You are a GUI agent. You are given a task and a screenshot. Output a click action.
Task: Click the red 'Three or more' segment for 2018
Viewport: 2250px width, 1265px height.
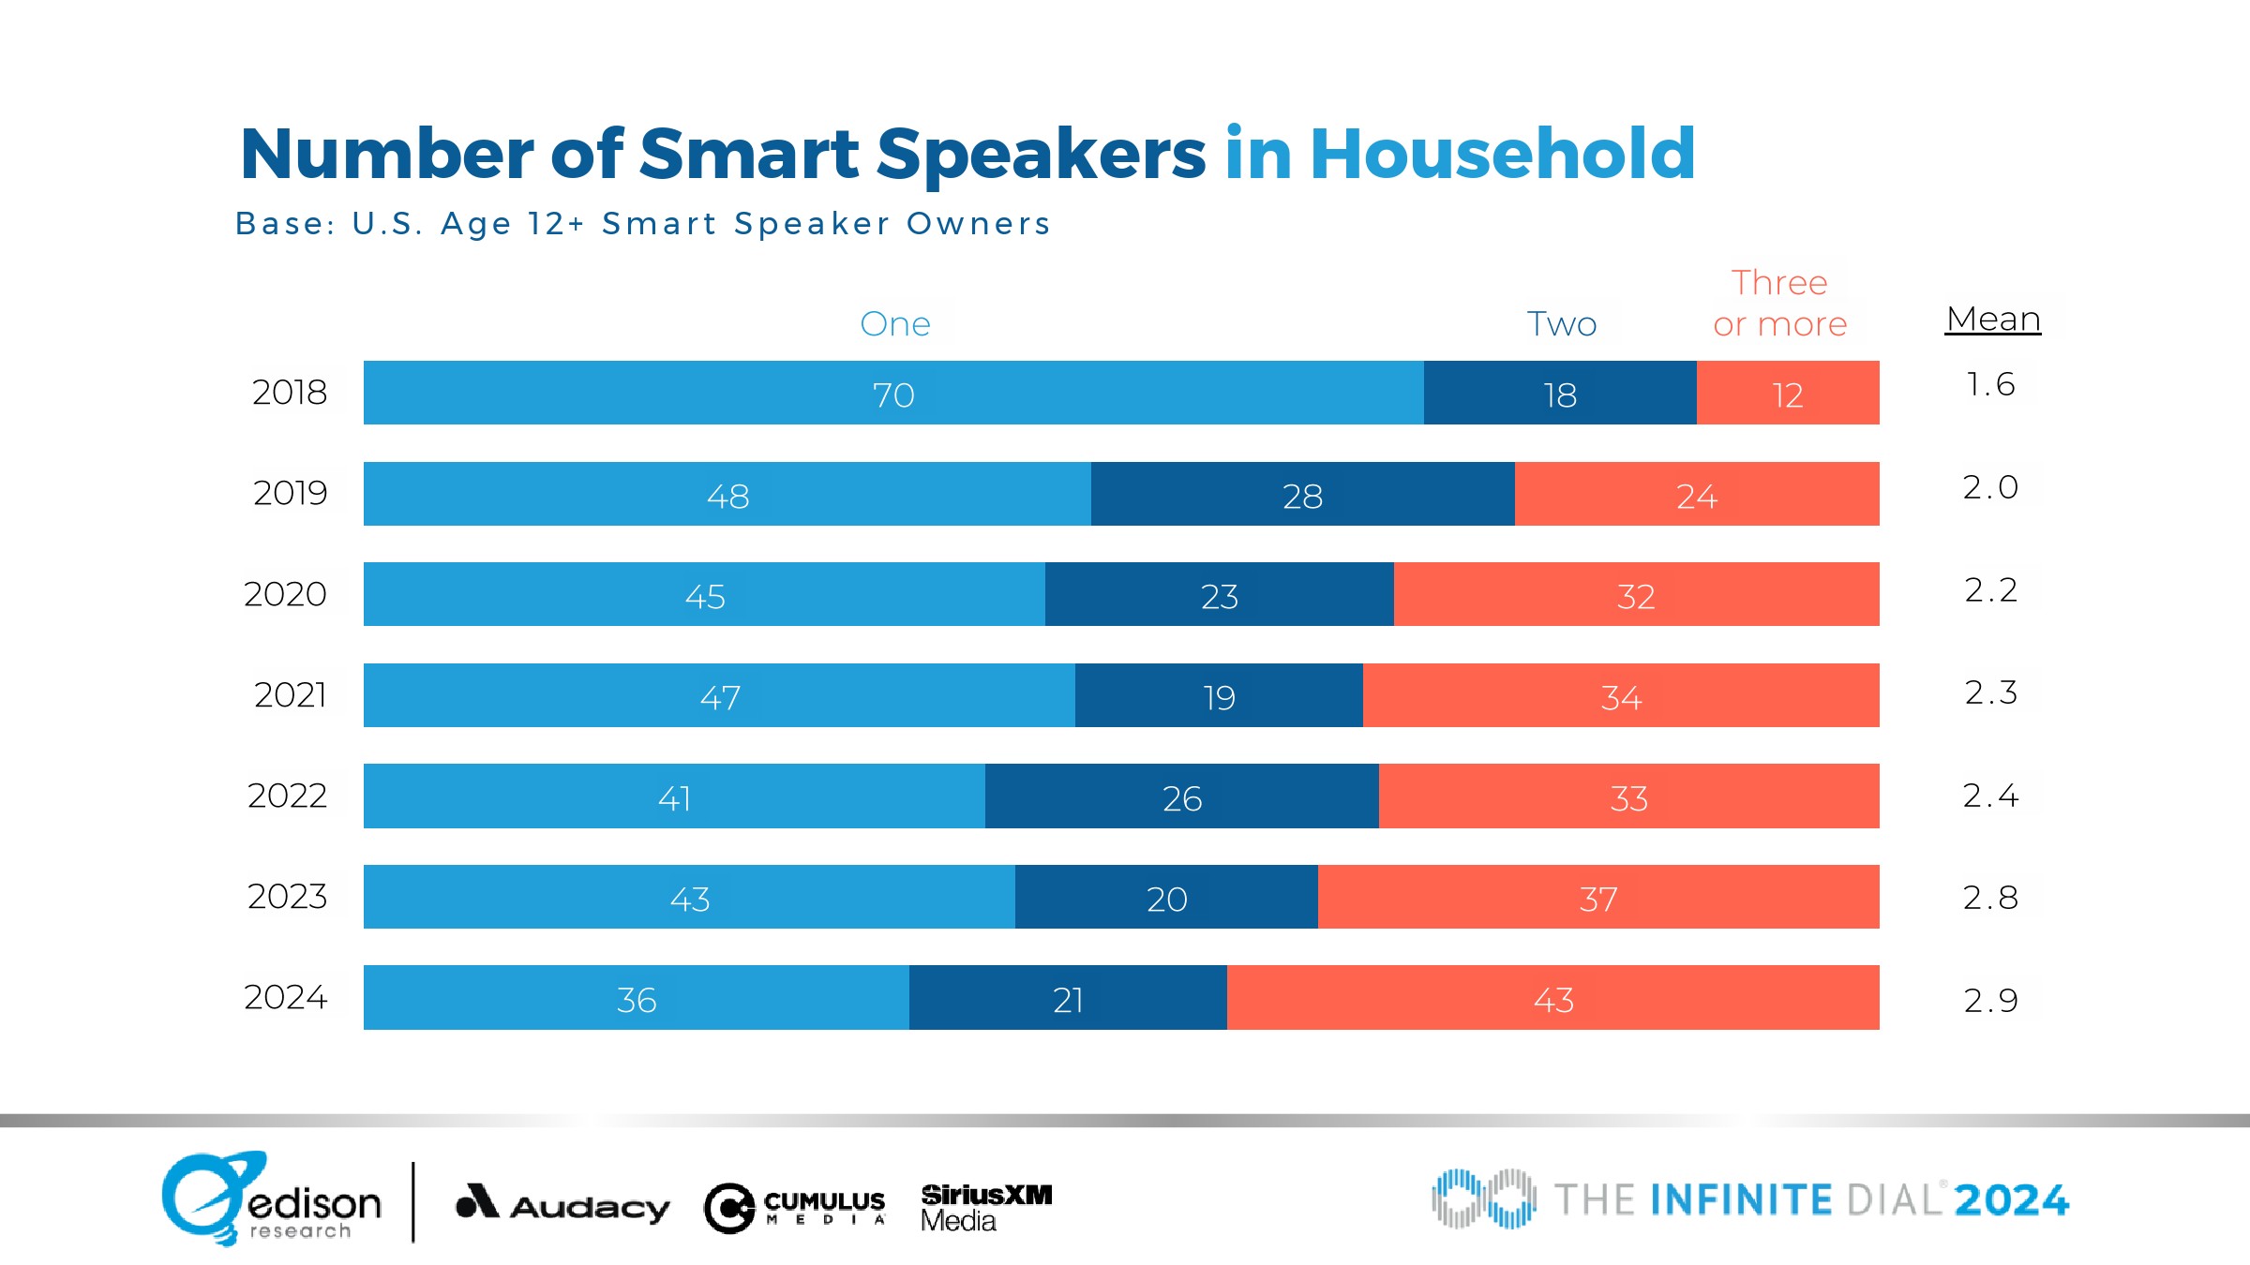tap(1787, 393)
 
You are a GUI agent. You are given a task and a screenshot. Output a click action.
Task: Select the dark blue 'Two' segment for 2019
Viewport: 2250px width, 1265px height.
tap(1302, 494)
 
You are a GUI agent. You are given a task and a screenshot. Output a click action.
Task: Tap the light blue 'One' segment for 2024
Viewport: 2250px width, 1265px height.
tap(636, 998)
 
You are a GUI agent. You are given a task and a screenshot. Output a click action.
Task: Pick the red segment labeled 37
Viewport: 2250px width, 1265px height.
tap(1597, 897)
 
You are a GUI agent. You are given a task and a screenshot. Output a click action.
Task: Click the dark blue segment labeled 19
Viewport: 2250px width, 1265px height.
tap(1218, 695)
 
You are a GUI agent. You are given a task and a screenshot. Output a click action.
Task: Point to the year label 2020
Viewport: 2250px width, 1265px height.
tap(285, 594)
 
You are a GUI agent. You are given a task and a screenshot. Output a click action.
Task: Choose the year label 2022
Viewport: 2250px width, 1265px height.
tap(287, 796)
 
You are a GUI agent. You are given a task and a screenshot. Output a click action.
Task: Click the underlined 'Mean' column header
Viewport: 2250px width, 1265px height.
tap(1993, 320)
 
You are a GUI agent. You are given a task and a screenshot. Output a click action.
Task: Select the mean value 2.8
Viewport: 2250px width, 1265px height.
tap(1990, 898)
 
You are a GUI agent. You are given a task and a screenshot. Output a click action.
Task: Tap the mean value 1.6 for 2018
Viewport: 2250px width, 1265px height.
tap(1989, 384)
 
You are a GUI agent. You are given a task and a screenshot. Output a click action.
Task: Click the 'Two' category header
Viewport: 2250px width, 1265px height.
tap(1561, 324)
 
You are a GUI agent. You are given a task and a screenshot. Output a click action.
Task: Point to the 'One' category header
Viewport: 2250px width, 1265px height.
tap(894, 324)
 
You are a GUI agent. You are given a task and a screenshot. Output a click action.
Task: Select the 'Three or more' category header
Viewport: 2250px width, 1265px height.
tap(1779, 304)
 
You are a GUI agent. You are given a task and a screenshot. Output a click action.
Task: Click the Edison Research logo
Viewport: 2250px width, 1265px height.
tap(271, 1199)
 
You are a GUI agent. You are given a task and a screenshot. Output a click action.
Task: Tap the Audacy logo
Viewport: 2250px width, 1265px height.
tap(562, 1203)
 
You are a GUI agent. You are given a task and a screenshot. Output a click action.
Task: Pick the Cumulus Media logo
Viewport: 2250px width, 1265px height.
tap(795, 1207)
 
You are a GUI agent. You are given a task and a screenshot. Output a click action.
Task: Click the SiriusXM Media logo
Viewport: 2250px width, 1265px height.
tap(985, 1207)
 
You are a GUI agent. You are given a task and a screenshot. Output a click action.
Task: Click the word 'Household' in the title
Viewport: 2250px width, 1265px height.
tap(1502, 154)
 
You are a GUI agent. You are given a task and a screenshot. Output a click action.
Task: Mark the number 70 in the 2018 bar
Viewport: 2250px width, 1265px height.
tap(892, 394)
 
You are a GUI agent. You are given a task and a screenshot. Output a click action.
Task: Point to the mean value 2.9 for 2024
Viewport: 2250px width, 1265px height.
tap(1990, 1000)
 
